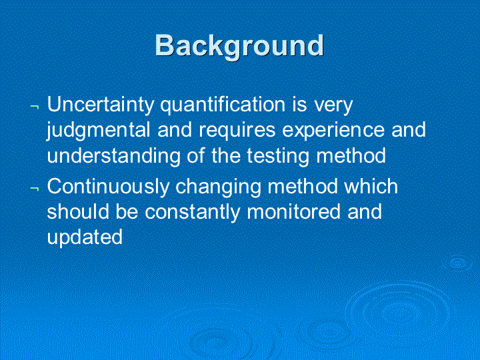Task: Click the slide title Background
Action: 239,46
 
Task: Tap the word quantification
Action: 223,105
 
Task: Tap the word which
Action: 371,185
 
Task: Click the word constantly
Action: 193,212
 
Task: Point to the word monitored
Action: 293,211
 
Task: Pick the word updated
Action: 85,237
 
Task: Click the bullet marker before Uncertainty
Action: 35,107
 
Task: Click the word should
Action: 78,211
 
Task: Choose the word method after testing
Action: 351,155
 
